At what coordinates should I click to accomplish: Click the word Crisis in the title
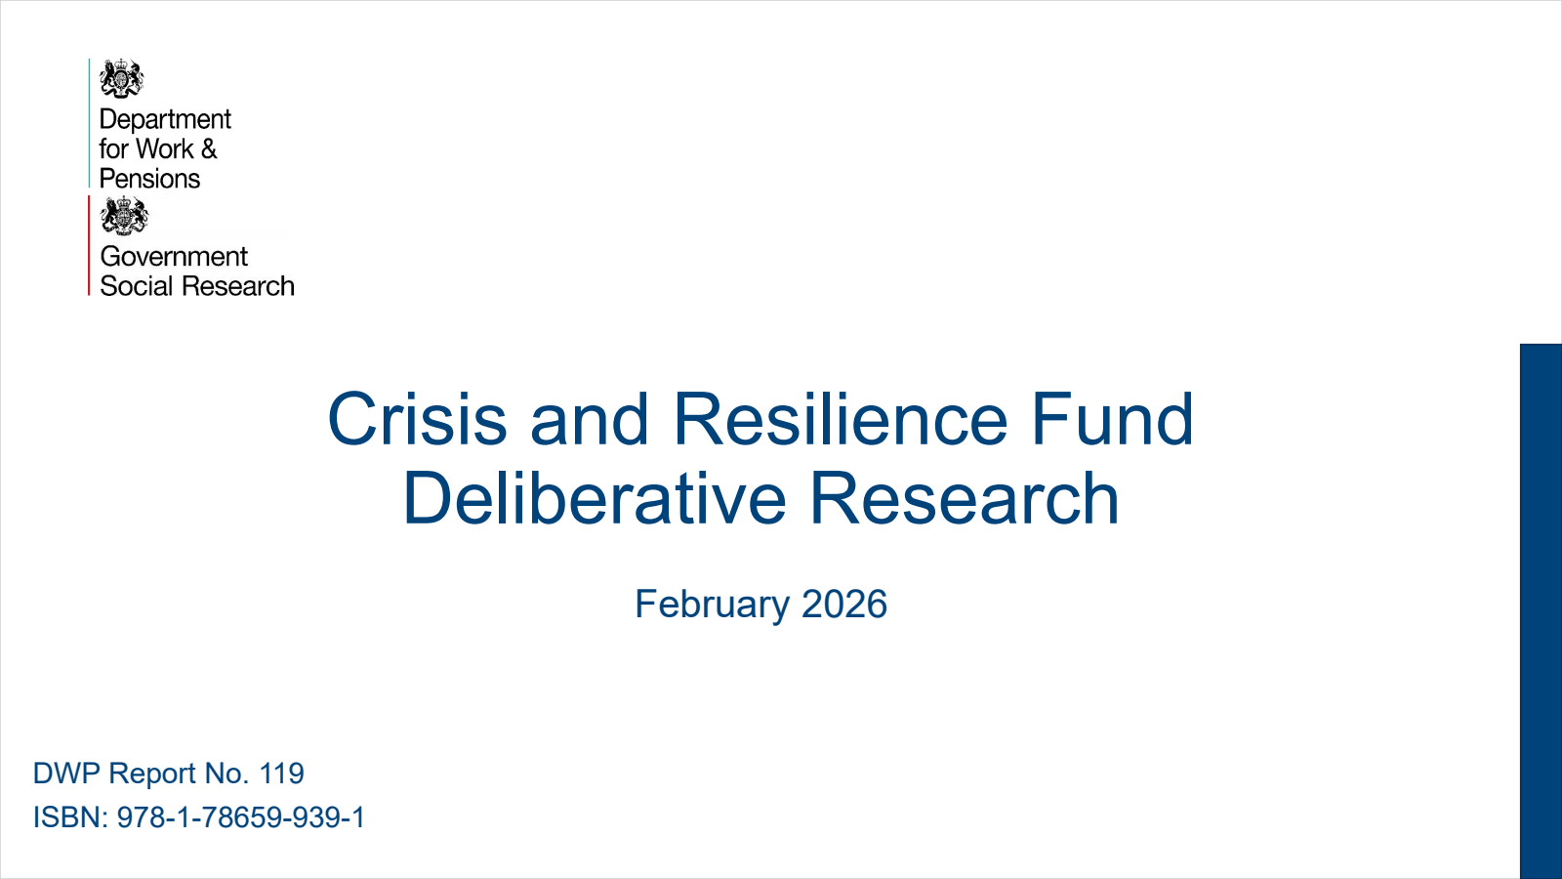(417, 420)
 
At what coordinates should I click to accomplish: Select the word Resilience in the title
(840, 420)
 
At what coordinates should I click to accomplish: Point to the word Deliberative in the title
(594, 499)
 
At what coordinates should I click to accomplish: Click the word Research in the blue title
(964, 499)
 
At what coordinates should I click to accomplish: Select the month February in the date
(712, 605)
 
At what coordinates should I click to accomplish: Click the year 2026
(844, 605)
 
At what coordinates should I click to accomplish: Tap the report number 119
(282, 774)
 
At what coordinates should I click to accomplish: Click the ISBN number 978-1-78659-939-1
(241, 817)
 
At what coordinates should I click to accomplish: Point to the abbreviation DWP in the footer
(66, 774)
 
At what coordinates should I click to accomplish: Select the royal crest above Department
(121, 79)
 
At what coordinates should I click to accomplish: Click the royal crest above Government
(124, 216)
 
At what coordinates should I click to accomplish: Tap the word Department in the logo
(165, 119)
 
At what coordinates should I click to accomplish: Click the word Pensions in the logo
(149, 179)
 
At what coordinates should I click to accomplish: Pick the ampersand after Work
(209, 149)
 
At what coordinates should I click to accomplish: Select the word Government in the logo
(174, 256)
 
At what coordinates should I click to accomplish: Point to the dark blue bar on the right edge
(1541, 610)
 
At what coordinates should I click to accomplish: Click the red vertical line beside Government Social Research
(89, 245)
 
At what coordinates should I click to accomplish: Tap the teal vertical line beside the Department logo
(89, 122)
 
